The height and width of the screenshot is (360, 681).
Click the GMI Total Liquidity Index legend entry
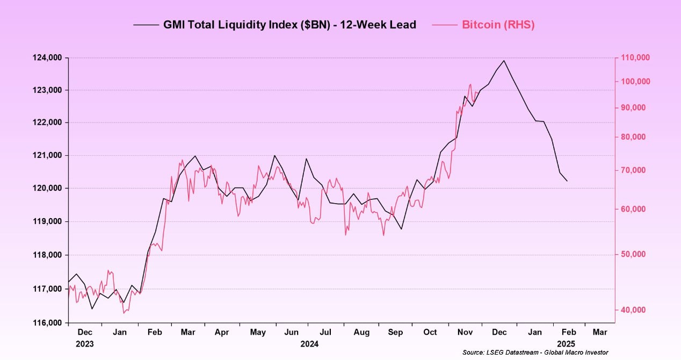[289, 25]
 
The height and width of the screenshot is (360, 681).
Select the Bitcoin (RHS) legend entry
[498, 25]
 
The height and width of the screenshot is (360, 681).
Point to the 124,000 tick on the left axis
[47, 57]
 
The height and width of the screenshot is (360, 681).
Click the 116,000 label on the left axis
[47, 323]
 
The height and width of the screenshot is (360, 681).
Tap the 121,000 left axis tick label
[47, 155]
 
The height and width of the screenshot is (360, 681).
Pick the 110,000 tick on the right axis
[635, 57]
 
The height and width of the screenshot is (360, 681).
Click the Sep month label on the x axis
[395, 333]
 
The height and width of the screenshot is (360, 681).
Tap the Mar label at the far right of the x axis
[600, 333]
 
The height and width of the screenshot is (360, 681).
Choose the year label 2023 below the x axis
[84, 344]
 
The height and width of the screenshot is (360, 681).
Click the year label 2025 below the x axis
[566, 344]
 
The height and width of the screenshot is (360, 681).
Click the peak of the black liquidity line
[504, 60]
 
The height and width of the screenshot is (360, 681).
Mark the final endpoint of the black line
[568, 181]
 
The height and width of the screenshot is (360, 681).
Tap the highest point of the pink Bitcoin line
[470, 84]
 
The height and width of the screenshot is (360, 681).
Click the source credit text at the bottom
[535, 352]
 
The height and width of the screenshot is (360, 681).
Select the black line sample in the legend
[146, 25]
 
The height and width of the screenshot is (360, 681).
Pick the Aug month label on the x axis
[361, 333]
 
